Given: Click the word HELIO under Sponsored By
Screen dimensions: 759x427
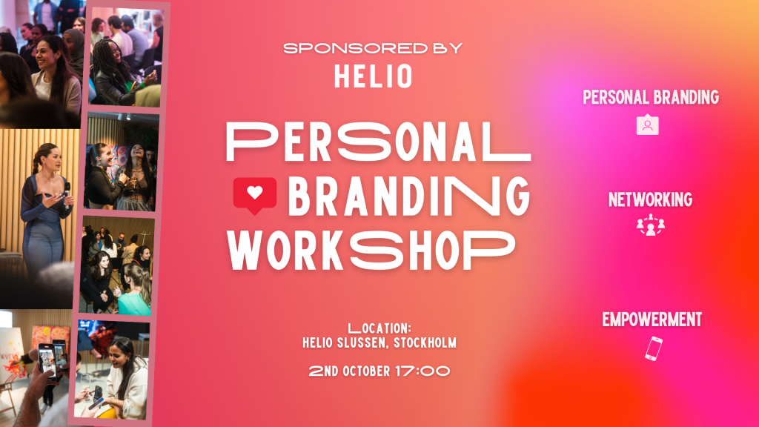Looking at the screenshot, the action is [374, 76].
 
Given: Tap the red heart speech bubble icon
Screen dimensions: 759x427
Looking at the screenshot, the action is [255, 195].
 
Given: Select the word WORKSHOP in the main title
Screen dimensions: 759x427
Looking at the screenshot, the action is [371, 251].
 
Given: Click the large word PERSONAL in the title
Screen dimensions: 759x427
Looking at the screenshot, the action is [378, 142].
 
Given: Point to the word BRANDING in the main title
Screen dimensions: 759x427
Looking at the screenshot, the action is [409, 196].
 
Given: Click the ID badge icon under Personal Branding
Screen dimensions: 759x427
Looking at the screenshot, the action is [647, 125].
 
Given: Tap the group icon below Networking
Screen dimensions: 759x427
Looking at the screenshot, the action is [651, 225].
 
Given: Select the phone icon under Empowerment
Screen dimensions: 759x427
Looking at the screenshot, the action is [654, 348].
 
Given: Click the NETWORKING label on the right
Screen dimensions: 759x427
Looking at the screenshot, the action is [650, 199].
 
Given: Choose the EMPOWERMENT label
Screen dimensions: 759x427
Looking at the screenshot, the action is [652, 320].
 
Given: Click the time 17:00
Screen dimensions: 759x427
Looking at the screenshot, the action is [422, 371].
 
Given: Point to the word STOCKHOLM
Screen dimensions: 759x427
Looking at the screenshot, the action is [425, 342].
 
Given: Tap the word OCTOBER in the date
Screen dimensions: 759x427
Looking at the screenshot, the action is [366, 371].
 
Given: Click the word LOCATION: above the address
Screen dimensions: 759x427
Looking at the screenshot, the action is [379, 328].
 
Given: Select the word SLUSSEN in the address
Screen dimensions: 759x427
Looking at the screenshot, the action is [362, 342].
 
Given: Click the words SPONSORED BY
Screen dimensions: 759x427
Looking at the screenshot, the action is [373, 48].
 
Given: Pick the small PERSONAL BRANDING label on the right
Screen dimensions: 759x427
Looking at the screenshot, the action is [651, 97].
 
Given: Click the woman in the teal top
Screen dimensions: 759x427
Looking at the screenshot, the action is [135, 291].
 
